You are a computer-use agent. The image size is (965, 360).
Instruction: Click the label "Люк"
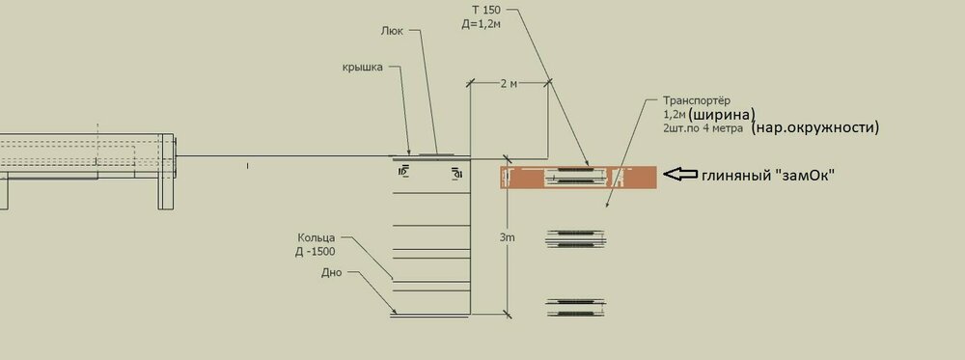pyautogui.click(x=392, y=31)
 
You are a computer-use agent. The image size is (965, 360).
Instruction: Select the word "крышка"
pyautogui.click(x=363, y=67)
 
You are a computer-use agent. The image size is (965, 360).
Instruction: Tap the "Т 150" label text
pyautogui.click(x=486, y=11)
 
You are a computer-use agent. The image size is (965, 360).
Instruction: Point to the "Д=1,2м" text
pyautogui.click(x=480, y=25)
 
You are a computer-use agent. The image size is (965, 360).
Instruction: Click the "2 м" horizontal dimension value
pyautogui.click(x=509, y=84)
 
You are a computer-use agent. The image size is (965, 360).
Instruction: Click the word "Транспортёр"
pyautogui.click(x=696, y=100)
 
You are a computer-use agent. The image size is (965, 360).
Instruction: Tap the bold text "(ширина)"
pyautogui.click(x=722, y=114)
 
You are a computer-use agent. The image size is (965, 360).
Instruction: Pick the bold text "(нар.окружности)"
pyautogui.click(x=815, y=127)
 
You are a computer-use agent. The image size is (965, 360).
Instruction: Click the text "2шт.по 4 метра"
pyautogui.click(x=703, y=128)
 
